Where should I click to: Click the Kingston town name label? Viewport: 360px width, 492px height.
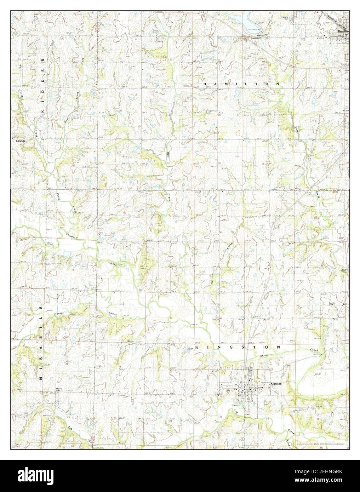[x=276, y=383]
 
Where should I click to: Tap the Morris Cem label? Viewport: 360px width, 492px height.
[x=59, y=390]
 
